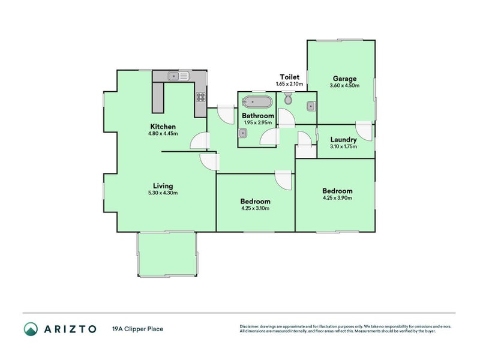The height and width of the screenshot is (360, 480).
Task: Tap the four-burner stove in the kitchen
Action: pos(200,97)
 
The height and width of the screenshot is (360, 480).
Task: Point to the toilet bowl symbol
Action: pos(289,98)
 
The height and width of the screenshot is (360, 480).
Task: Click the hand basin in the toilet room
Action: pos(311,107)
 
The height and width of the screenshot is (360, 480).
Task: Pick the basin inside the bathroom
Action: pos(242,134)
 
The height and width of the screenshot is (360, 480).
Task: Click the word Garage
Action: pos(344,79)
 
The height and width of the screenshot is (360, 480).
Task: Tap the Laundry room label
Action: pos(343,140)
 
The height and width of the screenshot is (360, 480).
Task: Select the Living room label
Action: pos(162,186)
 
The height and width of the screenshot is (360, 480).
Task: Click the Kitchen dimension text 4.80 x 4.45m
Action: pos(163,134)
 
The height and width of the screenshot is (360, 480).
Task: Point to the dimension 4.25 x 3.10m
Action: pos(255,208)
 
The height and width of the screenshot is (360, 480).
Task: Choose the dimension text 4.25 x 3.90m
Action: pos(337,197)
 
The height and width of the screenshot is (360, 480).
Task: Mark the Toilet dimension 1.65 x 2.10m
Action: pos(290,84)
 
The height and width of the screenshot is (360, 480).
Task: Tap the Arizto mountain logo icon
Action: pos(31,329)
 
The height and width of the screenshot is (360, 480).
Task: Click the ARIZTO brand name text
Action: pos(70,329)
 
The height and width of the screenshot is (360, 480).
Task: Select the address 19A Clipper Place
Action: pos(137,329)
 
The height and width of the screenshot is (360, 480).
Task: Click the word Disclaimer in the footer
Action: pos(250,326)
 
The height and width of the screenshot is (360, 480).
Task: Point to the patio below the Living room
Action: pos(167,254)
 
